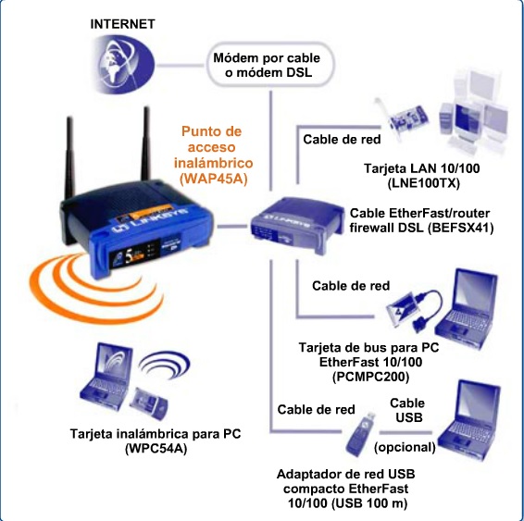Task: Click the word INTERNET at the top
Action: click(123, 22)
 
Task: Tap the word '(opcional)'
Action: click(404, 447)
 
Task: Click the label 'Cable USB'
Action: click(406, 410)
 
